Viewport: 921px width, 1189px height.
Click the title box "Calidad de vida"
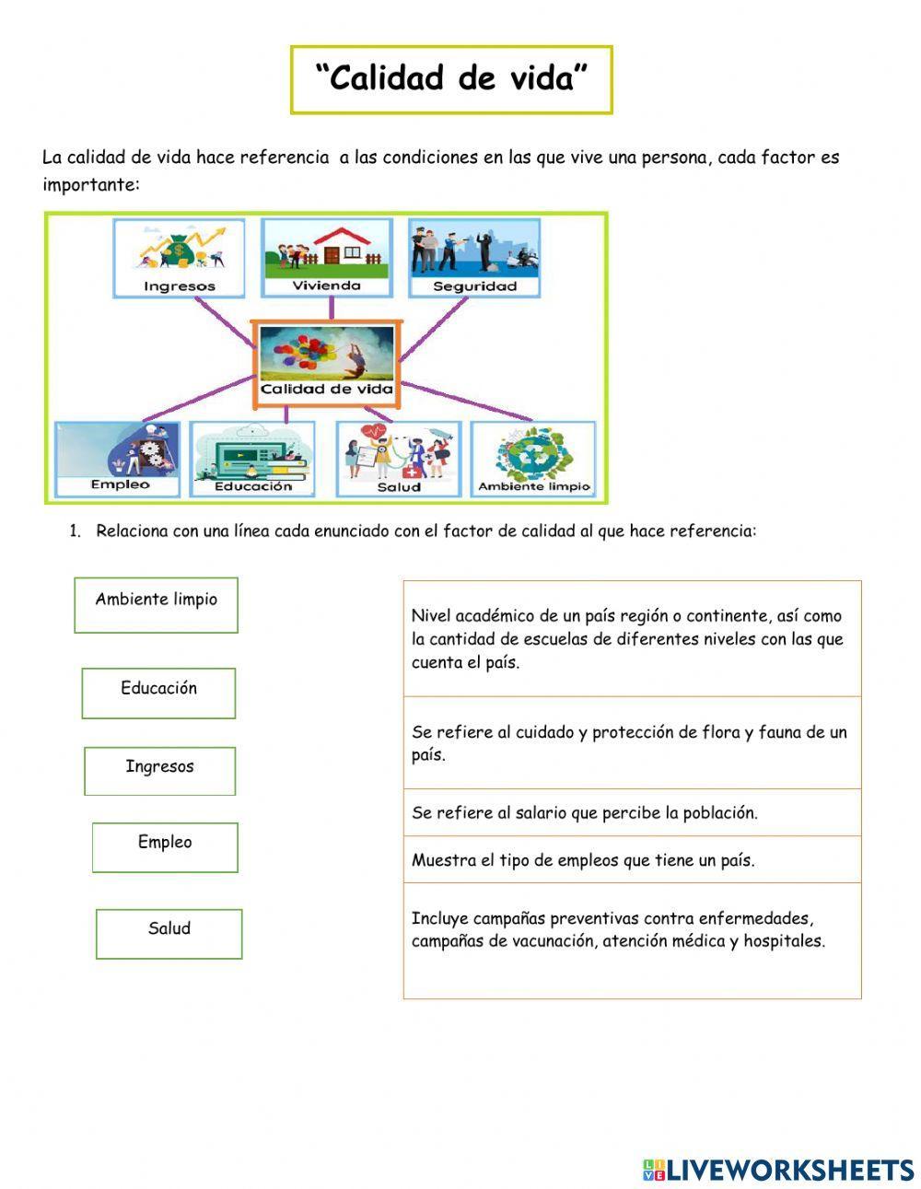click(451, 79)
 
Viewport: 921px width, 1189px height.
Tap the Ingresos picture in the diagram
click(179, 257)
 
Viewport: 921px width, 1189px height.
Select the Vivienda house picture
click(326, 257)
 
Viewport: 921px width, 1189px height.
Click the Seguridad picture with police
click(474, 257)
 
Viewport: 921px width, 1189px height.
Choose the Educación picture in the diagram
click(252, 459)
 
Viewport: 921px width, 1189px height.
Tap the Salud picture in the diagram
click(399, 459)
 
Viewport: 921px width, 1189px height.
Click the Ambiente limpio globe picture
click(533, 459)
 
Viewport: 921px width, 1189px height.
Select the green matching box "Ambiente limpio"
click(156, 604)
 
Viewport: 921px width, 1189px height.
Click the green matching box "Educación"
click(158, 693)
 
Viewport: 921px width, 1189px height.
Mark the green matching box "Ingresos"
click(159, 770)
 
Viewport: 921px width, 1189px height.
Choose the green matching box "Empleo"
click(165, 846)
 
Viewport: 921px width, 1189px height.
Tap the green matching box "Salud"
click(169, 933)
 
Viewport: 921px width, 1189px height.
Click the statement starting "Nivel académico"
click(632, 638)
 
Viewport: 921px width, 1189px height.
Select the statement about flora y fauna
click(632, 742)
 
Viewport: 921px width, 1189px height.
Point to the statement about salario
click(632, 812)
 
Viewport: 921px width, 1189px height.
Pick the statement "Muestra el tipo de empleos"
click(632, 859)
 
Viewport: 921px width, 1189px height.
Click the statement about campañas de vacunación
click(632, 930)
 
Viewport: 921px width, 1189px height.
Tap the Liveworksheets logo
click(778, 1169)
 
